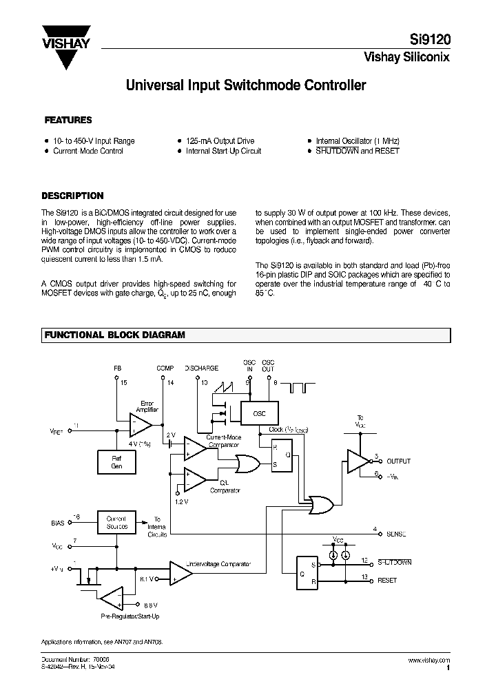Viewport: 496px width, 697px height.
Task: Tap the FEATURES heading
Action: pyautogui.click(x=68, y=120)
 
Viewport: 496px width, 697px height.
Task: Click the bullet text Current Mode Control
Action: pyautogui.click(x=88, y=151)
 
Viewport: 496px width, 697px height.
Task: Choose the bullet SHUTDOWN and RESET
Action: pyautogui.click(x=358, y=151)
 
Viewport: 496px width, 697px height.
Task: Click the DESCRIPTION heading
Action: pyautogui.click(x=73, y=196)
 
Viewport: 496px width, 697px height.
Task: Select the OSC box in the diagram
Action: pyautogui.click(x=258, y=414)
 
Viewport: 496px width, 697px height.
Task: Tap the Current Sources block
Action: pyautogui.click(x=116, y=523)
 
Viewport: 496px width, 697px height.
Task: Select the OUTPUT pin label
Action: pyautogui.click(x=398, y=461)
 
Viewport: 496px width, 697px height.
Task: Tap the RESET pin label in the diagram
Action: pyautogui.click(x=387, y=581)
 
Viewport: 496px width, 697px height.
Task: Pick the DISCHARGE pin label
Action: pyautogui.click(x=202, y=368)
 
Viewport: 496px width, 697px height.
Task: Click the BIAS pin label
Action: pyautogui.click(x=58, y=523)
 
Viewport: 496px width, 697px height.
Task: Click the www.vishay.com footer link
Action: pyautogui.click(x=430, y=660)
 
